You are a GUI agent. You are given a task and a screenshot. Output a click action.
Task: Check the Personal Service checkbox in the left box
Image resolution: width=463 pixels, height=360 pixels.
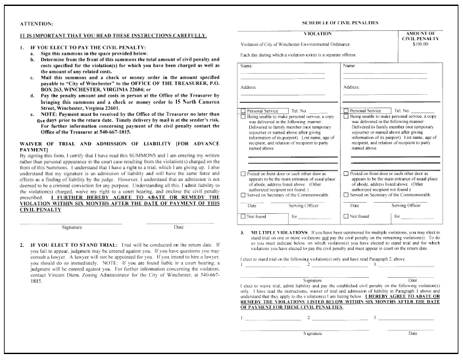click(x=244, y=111)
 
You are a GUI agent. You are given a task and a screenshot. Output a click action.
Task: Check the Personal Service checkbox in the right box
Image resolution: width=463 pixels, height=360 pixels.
click(x=347, y=111)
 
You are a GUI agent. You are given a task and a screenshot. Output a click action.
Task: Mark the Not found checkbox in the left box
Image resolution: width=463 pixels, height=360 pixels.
click(x=244, y=216)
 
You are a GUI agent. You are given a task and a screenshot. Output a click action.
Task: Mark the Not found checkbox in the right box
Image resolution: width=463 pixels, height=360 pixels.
click(x=347, y=216)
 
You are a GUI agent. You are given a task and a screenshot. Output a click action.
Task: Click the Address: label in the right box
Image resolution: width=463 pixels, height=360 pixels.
click(x=351, y=87)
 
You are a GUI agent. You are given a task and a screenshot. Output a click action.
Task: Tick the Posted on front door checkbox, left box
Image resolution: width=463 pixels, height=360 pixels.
click(x=244, y=172)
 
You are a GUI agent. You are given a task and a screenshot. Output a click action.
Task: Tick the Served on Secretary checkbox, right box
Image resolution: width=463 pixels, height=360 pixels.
click(x=347, y=195)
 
